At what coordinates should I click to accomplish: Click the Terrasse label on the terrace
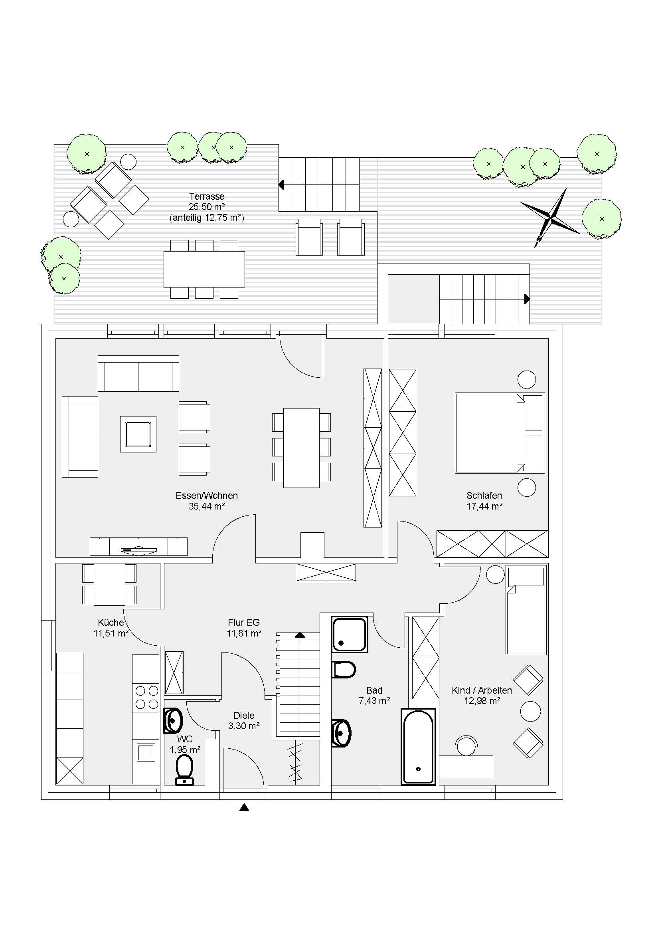[x=207, y=196]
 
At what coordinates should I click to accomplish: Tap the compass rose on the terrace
[x=550, y=218]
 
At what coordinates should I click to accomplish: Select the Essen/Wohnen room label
[x=207, y=496]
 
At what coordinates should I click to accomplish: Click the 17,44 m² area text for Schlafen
[x=484, y=506]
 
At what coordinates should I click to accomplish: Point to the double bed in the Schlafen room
[x=500, y=433]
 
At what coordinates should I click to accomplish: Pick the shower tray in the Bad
[x=350, y=634]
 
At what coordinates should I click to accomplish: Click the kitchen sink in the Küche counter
[x=146, y=752]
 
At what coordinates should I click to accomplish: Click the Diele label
[x=244, y=715]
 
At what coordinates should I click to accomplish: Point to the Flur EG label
[x=244, y=623]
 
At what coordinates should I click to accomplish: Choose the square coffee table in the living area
[x=138, y=434]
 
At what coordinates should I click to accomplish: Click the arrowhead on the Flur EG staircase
[x=300, y=635]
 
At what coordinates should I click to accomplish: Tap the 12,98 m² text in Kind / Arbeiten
[x=482, y=701]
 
